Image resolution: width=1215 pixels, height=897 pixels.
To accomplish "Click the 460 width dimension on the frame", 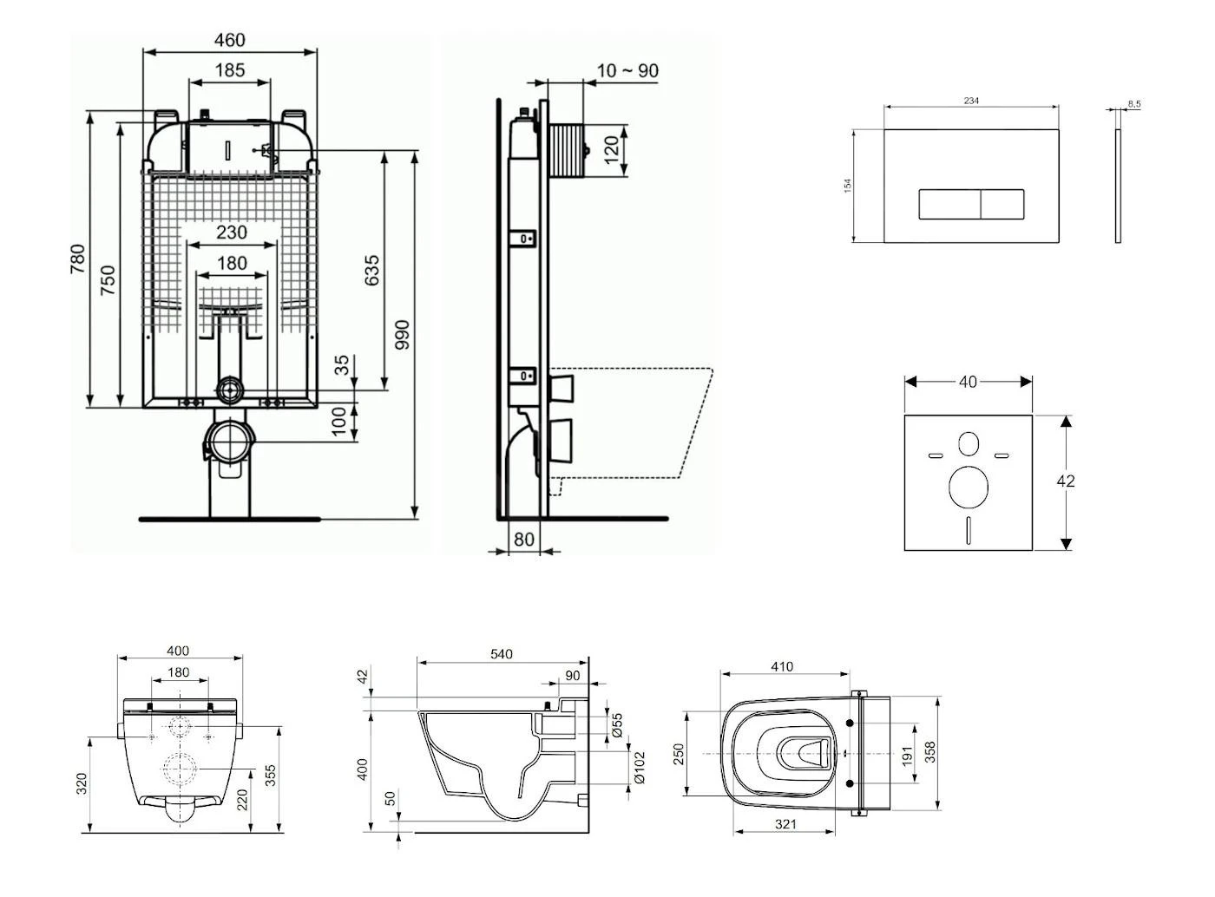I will tap(229, 40).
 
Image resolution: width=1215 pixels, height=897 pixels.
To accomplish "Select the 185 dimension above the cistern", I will tap(229, 70).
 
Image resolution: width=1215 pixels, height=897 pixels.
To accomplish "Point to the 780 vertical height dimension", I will tap(78, 260).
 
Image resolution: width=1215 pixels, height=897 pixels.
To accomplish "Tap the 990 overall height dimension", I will tap(402, 335).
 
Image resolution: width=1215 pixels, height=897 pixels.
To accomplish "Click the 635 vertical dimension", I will tap(371, 272).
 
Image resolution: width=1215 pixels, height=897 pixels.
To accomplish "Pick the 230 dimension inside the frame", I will tap(231, 232).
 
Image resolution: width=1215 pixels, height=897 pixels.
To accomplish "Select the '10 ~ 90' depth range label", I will tap(627, 70).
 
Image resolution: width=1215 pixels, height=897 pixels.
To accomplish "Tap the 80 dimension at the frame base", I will tap(524, 539).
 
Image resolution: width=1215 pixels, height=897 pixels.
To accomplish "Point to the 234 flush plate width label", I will tap(971, 101).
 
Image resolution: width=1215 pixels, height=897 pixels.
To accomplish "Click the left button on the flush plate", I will tap(949, 205).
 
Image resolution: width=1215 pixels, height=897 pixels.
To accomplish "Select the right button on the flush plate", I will tap(1002, 205).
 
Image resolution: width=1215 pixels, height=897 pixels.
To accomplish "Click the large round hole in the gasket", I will tap(969, 488).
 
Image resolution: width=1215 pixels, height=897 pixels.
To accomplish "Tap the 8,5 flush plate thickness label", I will tap(1134, 104).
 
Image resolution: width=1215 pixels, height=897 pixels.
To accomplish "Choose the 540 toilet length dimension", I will tap(502, 654).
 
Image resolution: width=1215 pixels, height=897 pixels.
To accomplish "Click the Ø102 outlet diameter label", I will tap(640, 767).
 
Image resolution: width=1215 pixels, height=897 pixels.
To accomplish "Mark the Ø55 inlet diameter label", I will tap(617, 725).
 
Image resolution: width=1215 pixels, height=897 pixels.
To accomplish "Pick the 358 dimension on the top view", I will tap(930, 752).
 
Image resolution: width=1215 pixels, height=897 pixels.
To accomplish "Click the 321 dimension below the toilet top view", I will tap(785, 824).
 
